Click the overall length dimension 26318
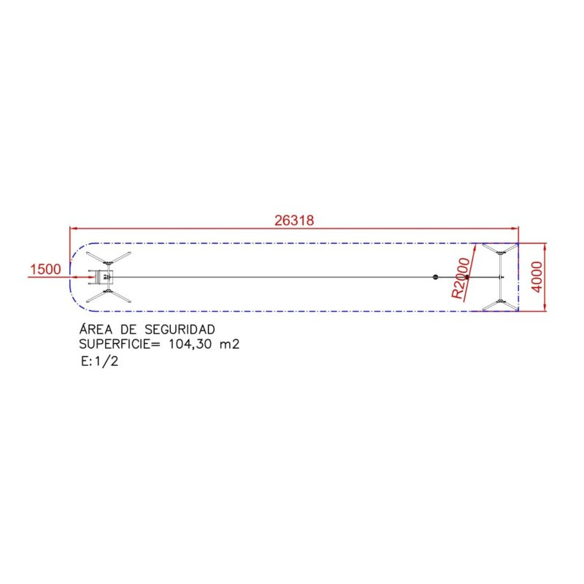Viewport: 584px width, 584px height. tap(294, 220)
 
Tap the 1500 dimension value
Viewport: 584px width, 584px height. tap(45, 269)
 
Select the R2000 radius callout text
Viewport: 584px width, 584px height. tap(461, 278)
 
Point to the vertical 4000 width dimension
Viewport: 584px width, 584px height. tap(537, 277)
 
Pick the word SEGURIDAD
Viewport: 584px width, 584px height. tap(180, 329)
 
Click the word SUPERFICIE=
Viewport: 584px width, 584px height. tap(120, 344)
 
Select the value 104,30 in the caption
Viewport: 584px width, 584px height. tap(191, 345)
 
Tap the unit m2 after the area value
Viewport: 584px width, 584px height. tap(229, 345)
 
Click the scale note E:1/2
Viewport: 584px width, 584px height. tap(100, 361)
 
